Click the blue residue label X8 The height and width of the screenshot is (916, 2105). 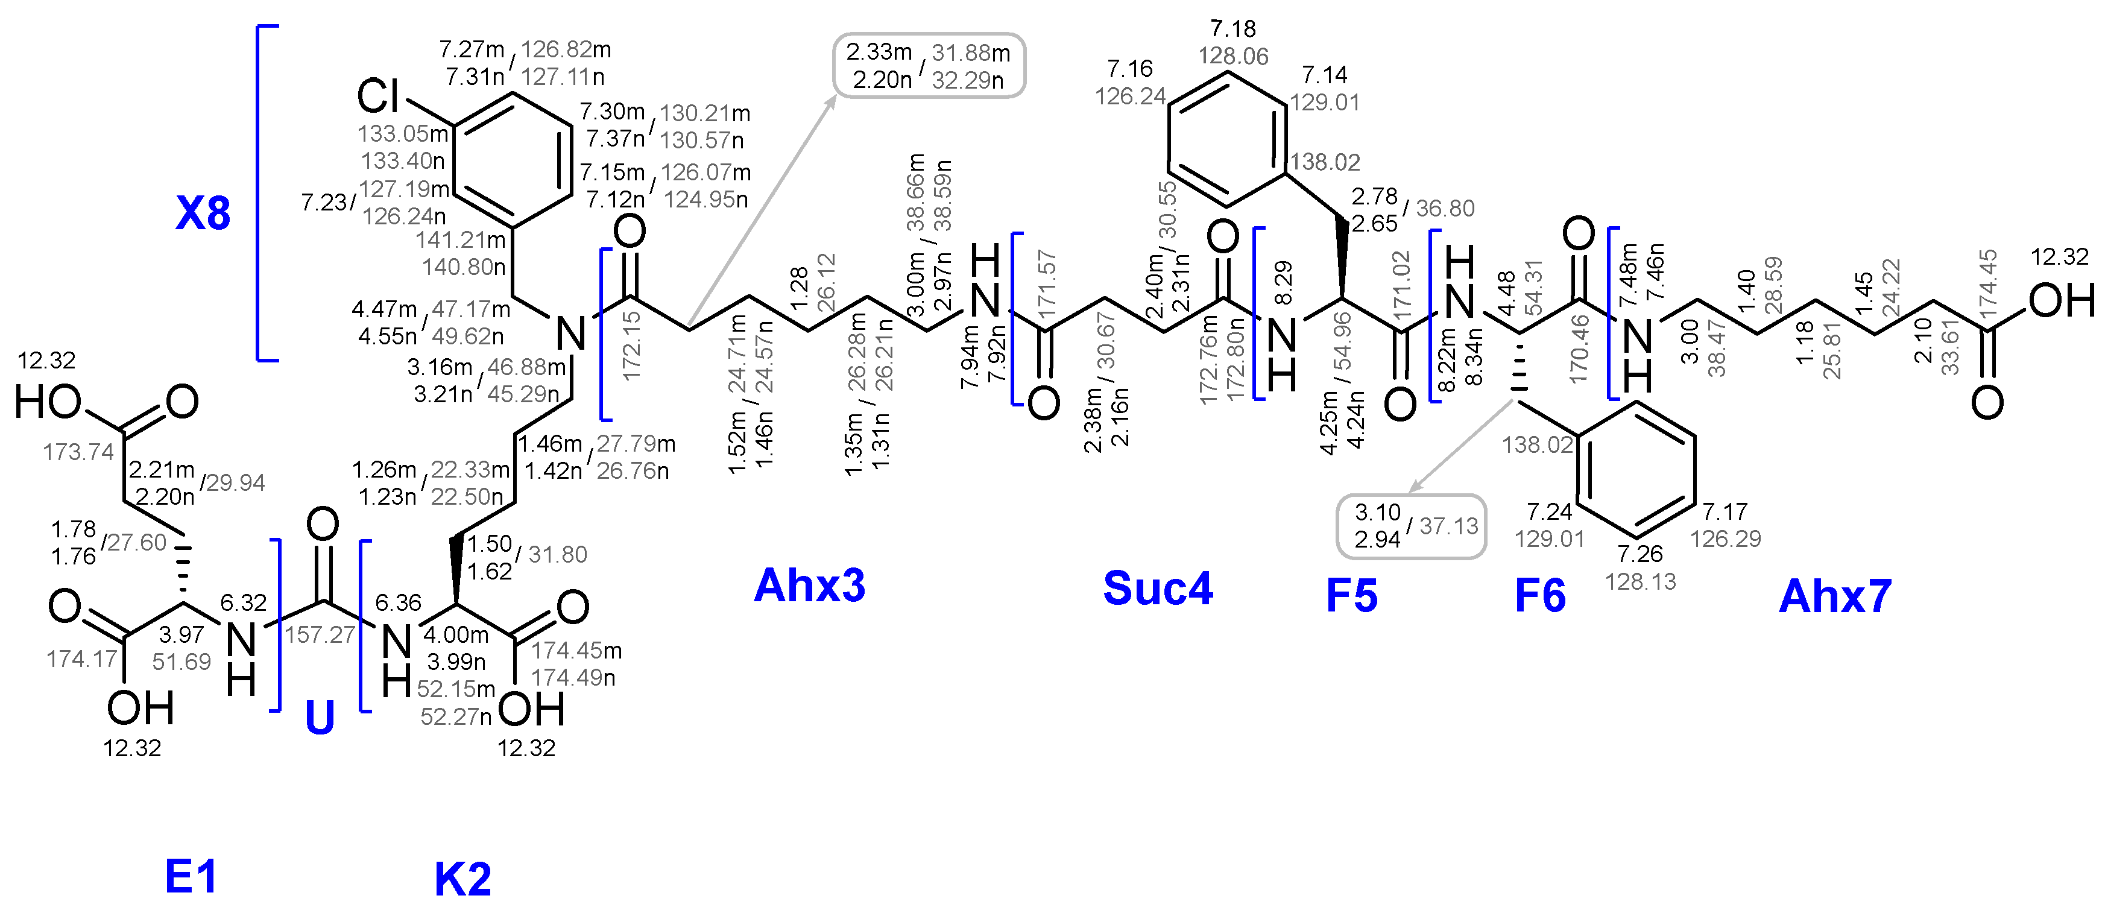[x=203, y=213]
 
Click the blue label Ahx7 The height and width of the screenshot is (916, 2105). [x=1834, y=596]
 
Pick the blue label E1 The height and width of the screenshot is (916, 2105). [x=191, y=876]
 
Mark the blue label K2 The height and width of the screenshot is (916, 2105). [x=462, y=879]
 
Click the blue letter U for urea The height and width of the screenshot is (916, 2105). [x=320, y=718]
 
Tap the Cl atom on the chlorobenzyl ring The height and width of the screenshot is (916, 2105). [x=377, y=96]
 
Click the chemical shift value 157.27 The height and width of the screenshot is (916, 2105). [x=320, y=634]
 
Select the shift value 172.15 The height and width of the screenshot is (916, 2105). [x=631, y=346]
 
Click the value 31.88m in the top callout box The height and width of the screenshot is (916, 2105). [x=971, y=53]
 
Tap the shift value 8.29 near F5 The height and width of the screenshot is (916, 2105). [x=1284, y=283]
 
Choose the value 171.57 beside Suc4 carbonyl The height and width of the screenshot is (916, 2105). [x=1047, y=283]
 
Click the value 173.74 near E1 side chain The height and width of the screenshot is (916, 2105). [x=78, y=451]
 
